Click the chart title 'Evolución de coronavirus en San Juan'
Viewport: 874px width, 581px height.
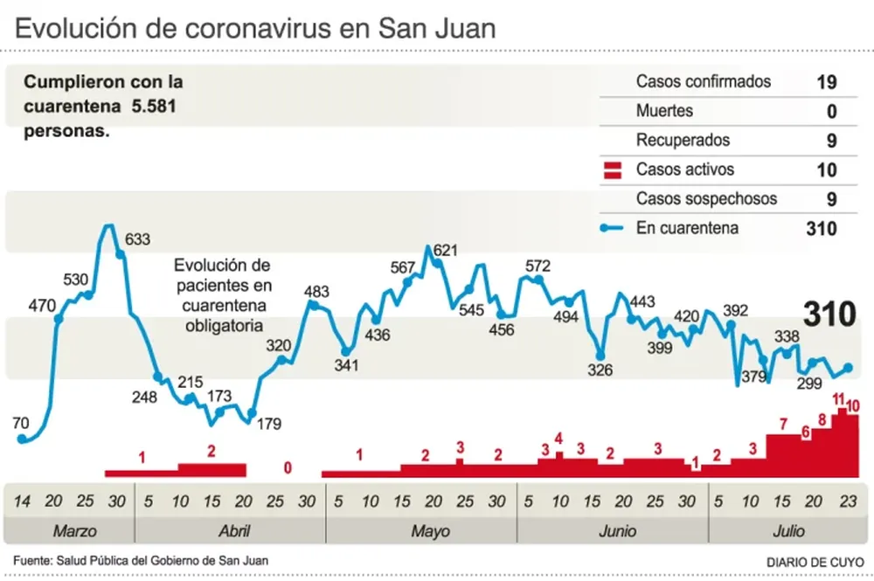(255, 28)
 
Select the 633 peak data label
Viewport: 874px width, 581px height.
(138, 239)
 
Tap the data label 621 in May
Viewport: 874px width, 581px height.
(446, 251)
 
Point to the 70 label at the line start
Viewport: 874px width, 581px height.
(21, 424)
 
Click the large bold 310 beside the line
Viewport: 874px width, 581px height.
(829, 315)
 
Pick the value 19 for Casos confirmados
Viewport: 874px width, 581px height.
(827, 82)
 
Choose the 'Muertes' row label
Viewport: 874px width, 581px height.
(664, 111)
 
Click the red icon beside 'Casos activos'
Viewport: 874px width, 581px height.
(613, 169)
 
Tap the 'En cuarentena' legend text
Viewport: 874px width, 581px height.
(687, 228)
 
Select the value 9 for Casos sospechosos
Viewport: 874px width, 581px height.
(831, 199)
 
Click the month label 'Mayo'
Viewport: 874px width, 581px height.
(429, 531)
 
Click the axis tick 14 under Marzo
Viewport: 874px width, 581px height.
(22, 501)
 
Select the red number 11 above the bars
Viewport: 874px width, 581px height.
(840, 399)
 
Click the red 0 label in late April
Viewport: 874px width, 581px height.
(288, 468)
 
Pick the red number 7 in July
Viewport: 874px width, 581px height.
(783, 425)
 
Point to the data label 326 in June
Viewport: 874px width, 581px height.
(600, 370)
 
